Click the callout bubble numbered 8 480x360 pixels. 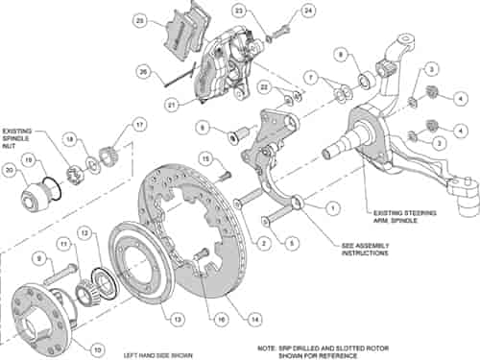(339, 55)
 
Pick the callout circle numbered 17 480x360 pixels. (139, 124)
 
